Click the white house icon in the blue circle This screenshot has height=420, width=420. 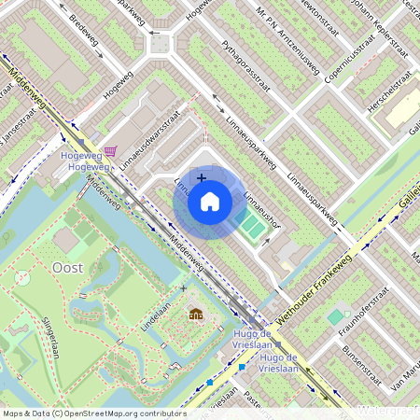(x=210, y=202)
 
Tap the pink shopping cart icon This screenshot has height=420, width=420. (x=111, y=151)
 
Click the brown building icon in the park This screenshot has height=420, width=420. (x=196, y=315)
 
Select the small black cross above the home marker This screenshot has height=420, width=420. (x=202, y=175)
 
